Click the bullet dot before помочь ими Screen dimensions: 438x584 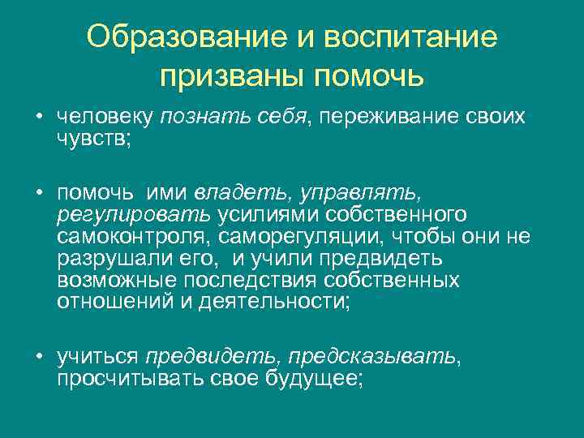coord(38,193)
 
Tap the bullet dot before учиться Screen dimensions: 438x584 coord(38,357)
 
